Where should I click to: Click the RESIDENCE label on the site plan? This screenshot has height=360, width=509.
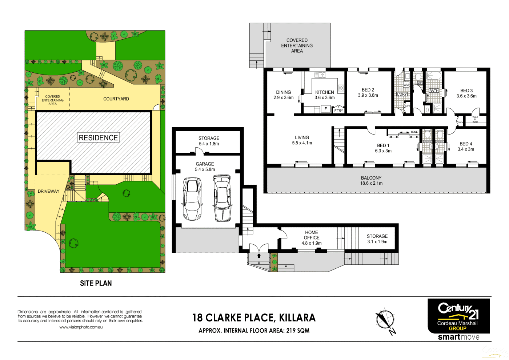[x=98, y=138]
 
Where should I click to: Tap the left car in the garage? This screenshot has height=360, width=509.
[x=192, y=199]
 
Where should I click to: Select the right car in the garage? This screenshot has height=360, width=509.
[x=222, y=198]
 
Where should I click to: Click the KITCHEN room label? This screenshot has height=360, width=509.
[x=324, y=92]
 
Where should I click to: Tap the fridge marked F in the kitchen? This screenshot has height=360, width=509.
[x=326, y=109]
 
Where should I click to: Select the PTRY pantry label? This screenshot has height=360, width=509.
[x=338, y=111]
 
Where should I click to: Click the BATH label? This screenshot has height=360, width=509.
[x=433, y=91]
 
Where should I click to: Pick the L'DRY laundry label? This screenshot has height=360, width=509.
[x=402, y=94]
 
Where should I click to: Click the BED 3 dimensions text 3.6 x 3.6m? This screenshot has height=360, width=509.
[x=466, y=96]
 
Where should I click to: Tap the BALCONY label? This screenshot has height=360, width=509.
[x=371, y=178]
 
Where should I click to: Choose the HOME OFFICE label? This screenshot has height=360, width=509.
[x=312, y=235]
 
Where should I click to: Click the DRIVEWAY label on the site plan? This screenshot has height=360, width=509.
[x=48, y=191]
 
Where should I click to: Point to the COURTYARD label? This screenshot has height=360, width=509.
[x=116, y=99]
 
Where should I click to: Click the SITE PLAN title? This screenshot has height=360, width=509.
[x=96, y=283]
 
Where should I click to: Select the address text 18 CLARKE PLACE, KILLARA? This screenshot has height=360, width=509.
[x=254, y=318]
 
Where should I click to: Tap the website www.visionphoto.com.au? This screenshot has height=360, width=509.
[x=81, y=327]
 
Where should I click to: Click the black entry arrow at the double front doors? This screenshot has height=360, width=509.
[x=259, y=256]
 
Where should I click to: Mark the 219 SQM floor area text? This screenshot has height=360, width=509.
[x=298, y=331]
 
